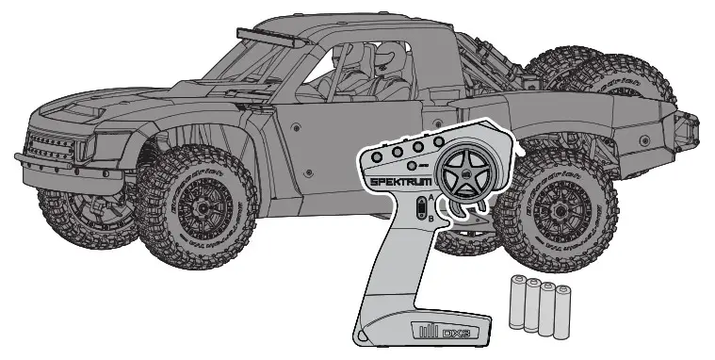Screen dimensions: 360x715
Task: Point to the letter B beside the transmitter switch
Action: (431, 218)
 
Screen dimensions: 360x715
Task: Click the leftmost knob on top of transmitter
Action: (376, 154)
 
